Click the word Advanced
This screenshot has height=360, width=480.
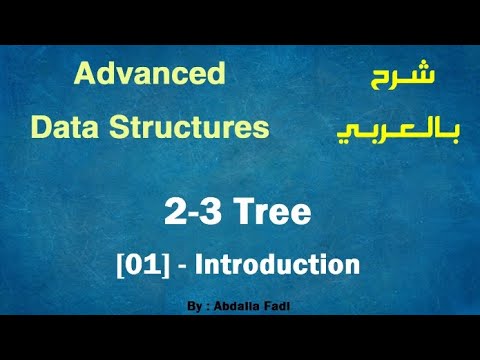[x=150, y=74]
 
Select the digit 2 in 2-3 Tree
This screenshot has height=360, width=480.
[x=175, y=213]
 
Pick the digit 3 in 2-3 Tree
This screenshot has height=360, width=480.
[x=209, y=213]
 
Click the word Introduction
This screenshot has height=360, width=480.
[x=277, y=265]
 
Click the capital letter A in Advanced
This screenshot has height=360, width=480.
[x=84, y=74]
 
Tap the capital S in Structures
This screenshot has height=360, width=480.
[x=118, y=128]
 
